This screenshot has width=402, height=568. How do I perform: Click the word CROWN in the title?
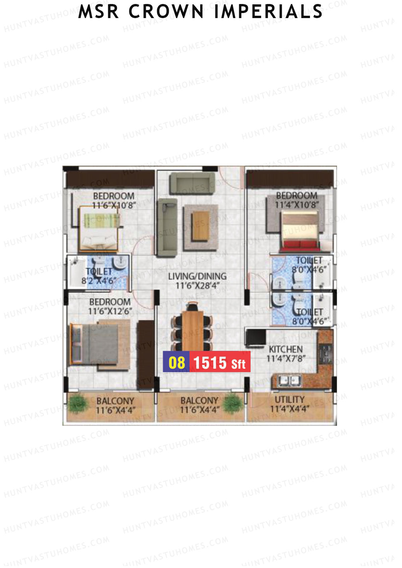click(x=166, y=11)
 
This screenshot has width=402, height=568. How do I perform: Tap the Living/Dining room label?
click(x=197, y=276)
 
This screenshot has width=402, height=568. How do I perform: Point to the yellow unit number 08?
click(x=177, y=362)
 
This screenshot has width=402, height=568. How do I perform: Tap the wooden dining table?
click(x=193, y=330)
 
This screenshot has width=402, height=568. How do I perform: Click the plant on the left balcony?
click(x=79, y=402)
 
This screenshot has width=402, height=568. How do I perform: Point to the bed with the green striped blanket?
click(x=99, y=228)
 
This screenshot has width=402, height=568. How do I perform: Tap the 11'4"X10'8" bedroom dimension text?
click(x=297, y=205)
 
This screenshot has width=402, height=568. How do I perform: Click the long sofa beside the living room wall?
click(x=167, y=228)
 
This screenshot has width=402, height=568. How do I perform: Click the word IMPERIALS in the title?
click(x=268, y=11)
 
